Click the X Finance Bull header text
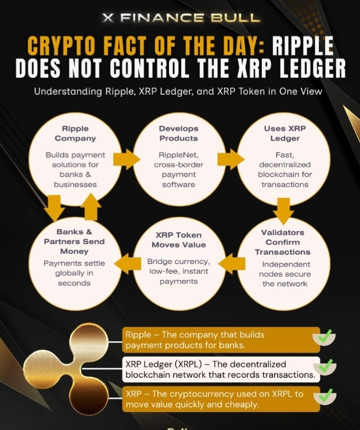[179, 17]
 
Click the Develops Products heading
[179, 133]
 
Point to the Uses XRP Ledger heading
[283, 133]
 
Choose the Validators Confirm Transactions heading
[284, 242]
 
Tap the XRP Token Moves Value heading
[179, 239]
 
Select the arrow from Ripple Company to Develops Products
[126, 158]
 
